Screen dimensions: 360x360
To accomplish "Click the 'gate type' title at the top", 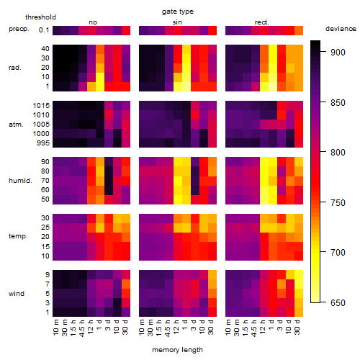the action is click(x=178, y=12).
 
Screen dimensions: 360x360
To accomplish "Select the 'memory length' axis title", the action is click(x=177, y=350).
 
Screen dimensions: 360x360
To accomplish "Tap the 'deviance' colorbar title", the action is click(x=341, y=29).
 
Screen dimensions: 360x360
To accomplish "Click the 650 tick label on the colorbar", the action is click(x=338, y=303).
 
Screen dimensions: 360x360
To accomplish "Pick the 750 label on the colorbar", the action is click(x=338, y=203).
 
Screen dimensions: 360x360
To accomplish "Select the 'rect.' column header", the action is click(x=261, y=22).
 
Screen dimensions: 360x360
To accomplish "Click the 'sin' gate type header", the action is click(x=177, y=22).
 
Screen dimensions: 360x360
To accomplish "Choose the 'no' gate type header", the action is click(x=93, y=22).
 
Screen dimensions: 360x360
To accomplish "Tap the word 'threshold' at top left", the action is click(x=40, y=17).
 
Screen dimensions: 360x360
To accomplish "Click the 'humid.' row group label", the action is click(x=20, y=180).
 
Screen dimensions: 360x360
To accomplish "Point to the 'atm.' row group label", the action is click(x=16, y=125).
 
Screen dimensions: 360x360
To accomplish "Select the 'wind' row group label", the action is click(x=17, y=294).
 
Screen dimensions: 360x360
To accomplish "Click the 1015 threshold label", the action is click(x=41, y=106).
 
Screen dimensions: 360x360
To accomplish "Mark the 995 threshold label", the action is click(x=43, y=143).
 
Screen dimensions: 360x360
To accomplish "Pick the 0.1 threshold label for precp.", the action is click(x=44, y=30).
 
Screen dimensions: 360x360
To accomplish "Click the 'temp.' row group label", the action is click(x=18, y=236).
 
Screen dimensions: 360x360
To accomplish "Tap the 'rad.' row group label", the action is click(x=15, y=68).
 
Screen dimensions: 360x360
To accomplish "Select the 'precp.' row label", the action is click(x=19, y=29).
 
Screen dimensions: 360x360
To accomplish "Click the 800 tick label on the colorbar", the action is click(x=338, y=152).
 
